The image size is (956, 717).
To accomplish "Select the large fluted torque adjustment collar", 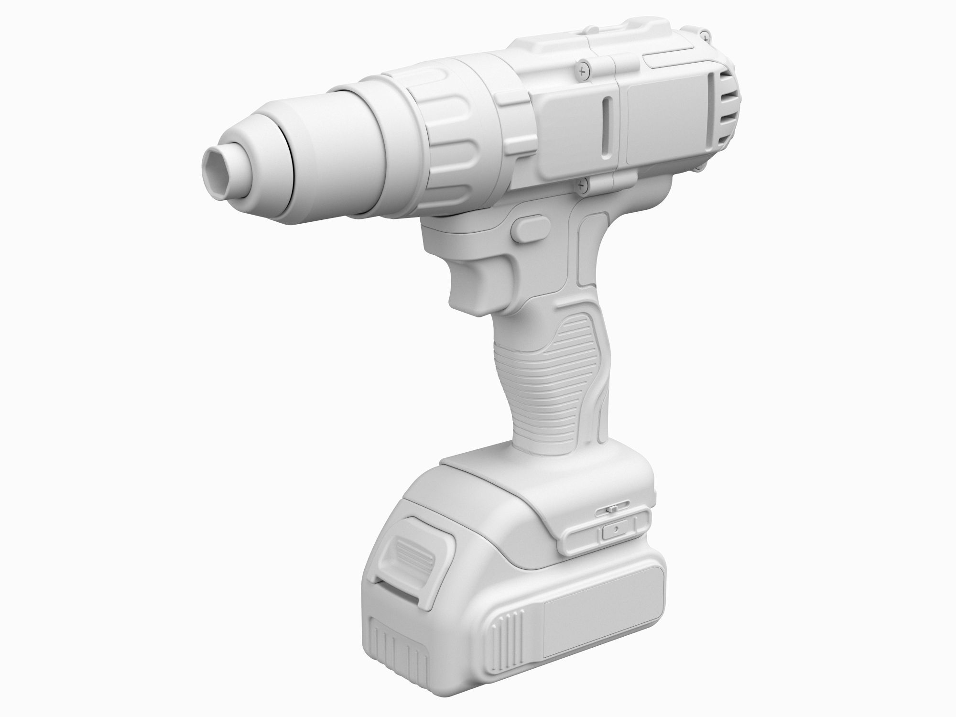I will (449, 143).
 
